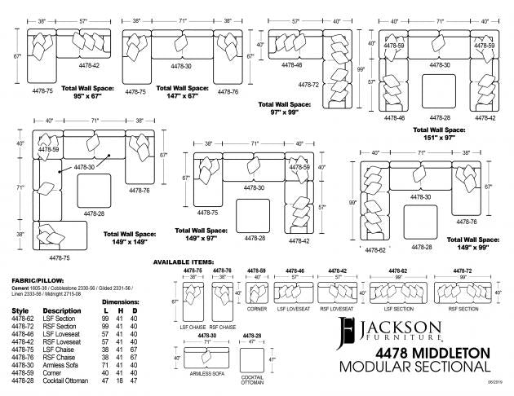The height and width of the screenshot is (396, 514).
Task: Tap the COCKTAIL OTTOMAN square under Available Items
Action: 250,359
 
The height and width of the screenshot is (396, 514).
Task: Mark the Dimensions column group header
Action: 120,302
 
